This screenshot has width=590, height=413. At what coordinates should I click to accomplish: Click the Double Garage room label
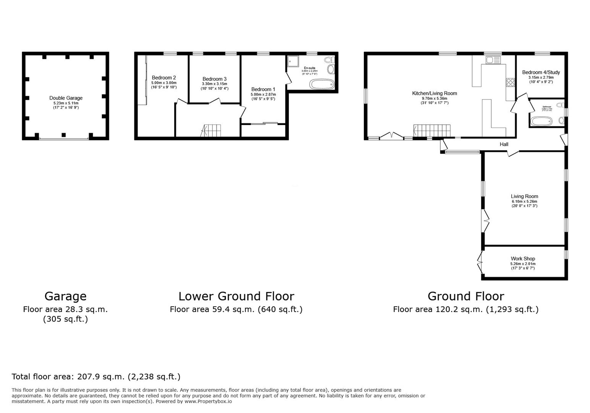click(x=66, y=98)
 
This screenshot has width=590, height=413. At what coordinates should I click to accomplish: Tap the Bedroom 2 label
click(x=164, y=78)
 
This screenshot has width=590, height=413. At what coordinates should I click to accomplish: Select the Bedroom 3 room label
click(x=214, y=79)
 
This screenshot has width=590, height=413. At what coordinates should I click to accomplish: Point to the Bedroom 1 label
click(x=263, y=89)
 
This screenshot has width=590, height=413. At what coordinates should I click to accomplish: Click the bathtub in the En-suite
click(x=321, y=84)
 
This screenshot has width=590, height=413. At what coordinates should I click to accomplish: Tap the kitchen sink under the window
click(x=493, y=60)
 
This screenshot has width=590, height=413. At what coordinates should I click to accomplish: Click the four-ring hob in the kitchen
click(x=510, y=83)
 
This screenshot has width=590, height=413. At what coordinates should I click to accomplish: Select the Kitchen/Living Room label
click(x=434, y=93)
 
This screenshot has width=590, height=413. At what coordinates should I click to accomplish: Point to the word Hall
click(x=504, y=144)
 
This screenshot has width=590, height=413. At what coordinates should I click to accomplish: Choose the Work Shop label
click(x=523, y=259)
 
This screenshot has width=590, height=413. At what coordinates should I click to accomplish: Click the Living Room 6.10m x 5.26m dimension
click(x=524, y=202)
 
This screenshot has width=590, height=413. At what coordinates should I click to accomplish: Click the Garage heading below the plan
click(x=65, y=296)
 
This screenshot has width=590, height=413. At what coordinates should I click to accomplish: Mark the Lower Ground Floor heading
click(x=236, y=296)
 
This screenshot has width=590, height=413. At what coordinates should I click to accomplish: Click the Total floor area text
click(x=96, y=377)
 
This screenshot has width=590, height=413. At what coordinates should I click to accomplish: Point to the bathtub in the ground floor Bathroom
click(x=541, y=122)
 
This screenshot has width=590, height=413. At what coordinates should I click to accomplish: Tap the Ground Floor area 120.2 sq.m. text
click(x=465, y=309)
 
